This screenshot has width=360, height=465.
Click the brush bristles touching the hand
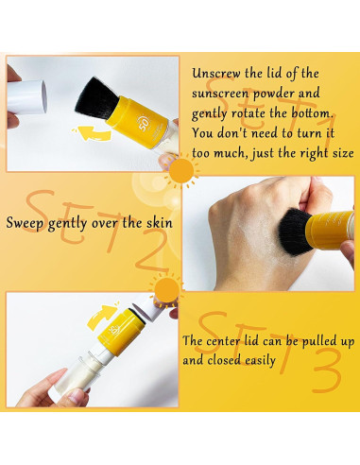296,229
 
